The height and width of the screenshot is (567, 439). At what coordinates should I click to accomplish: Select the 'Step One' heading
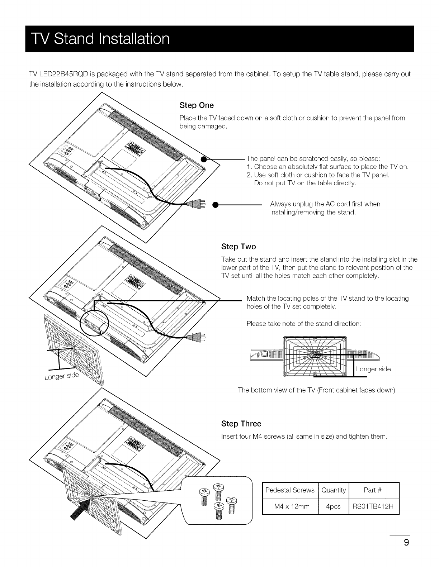pos(196,105)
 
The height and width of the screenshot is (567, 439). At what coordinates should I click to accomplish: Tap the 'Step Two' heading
pos(239,247)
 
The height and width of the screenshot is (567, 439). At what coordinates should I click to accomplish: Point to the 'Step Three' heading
pos(241,424)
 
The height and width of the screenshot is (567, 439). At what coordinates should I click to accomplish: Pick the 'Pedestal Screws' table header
pos(290,490)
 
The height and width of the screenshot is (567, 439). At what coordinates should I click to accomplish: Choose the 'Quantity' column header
pos(333,490)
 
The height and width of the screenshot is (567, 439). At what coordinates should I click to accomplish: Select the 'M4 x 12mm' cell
pos(290,506)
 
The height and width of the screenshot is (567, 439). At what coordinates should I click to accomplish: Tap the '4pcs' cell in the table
pos(333,506)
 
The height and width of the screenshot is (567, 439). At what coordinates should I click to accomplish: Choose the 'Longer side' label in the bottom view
pos(373,369)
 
